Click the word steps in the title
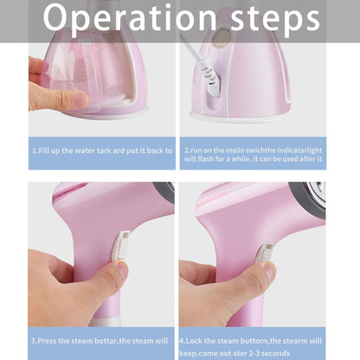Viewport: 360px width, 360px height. pos(275,19)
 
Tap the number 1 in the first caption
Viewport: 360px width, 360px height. pos(35,149)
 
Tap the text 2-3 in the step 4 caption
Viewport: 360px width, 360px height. pos(267,352)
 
